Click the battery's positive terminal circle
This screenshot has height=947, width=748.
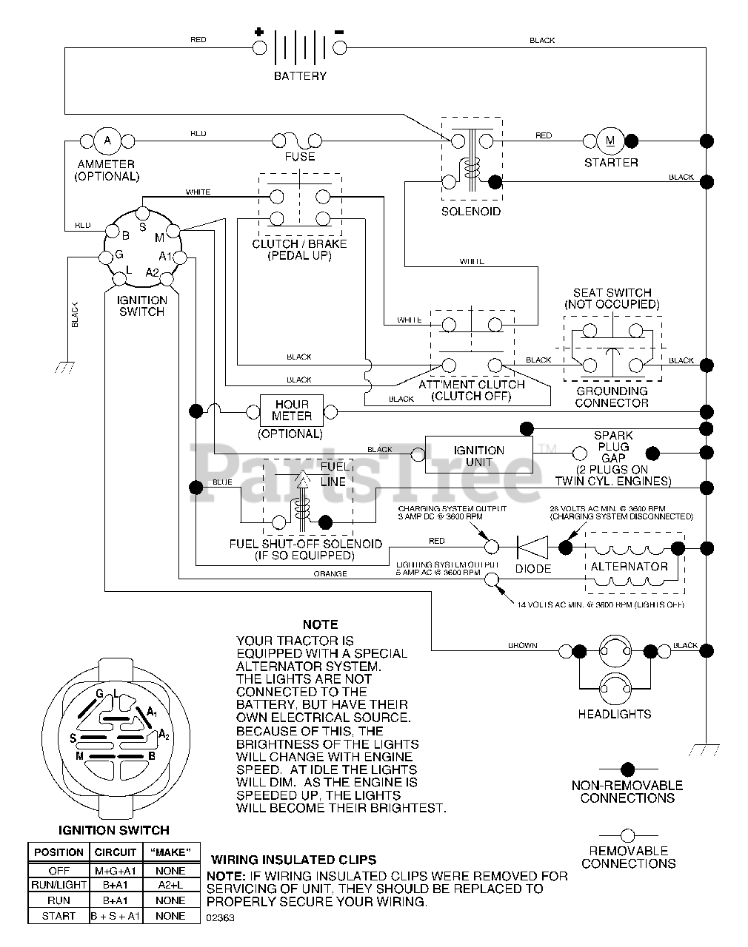(258, 47)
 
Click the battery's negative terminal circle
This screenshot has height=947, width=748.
(340, 47)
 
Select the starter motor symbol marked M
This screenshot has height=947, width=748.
(611, 141)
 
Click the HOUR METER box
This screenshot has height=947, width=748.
(292, 411)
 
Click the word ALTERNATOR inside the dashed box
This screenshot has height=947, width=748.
(629, 567)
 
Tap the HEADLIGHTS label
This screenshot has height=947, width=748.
(615, 714)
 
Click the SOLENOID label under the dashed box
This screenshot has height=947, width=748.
(471, 212)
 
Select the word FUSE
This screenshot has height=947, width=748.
(299, 157)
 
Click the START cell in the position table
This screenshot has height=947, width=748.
(59, 916)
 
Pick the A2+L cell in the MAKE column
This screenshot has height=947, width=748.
(170, 885)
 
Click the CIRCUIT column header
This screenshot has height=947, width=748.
(116, 852)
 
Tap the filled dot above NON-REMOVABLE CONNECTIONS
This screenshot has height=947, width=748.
(628, 769)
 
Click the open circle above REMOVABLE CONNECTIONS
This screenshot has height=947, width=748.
(628, 835)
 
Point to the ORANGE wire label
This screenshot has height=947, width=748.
(330, 573)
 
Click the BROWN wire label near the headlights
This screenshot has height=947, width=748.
(522, 645)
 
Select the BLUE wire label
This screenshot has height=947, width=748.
(222, 482)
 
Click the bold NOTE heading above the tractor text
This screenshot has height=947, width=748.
(320, 624)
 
